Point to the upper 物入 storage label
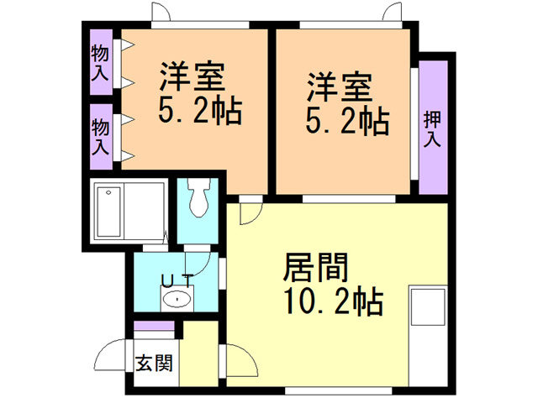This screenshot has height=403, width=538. click(100, 62)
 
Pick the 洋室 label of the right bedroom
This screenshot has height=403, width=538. click(339, 86)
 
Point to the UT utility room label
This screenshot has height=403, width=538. click(177, 280)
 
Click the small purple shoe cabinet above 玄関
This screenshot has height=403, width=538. click(154, 326)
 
